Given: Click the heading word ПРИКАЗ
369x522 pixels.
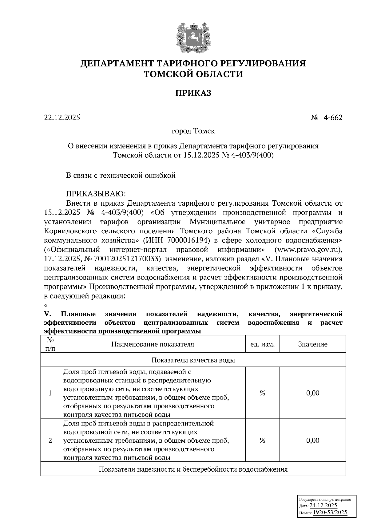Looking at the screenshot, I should pos(193,93).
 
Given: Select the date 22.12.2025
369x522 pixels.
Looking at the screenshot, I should pos(62,117).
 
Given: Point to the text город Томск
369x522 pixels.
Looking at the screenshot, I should pos(193,131).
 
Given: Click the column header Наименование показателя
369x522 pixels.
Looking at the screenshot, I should pos(153,344).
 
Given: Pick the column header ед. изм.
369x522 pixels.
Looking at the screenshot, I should pos(262,344).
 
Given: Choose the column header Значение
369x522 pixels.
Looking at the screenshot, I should pos(313,344).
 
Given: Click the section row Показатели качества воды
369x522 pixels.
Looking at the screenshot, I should pos(193,360).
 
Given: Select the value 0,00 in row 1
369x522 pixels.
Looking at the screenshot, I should pos(313,393).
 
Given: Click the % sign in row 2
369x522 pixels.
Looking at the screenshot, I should pos(262,440).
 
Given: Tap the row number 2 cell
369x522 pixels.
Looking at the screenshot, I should pos(50,440).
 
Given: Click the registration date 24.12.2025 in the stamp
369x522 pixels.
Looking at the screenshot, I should pos(323,505).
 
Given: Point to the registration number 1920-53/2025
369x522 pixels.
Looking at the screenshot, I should pos(330,512).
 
